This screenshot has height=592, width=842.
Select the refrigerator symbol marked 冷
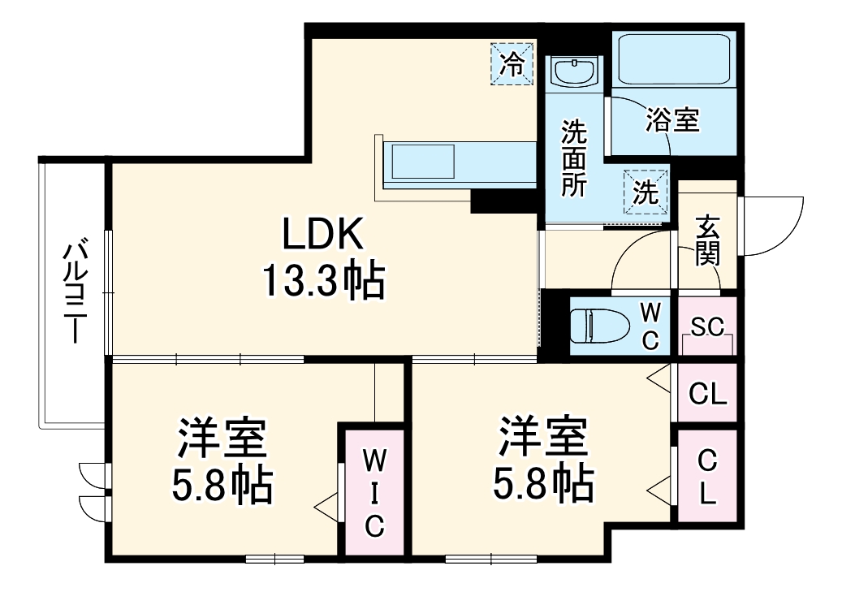coord(512,63)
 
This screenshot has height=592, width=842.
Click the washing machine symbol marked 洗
coord(646,192)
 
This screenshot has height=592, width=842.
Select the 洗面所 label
coord(575,158)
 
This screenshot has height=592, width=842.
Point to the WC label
coord(651,326)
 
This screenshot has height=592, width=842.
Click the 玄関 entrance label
coord(708,241)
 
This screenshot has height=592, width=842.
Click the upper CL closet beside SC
coord(707,395)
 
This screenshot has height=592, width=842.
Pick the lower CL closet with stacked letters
coord(707,478)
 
